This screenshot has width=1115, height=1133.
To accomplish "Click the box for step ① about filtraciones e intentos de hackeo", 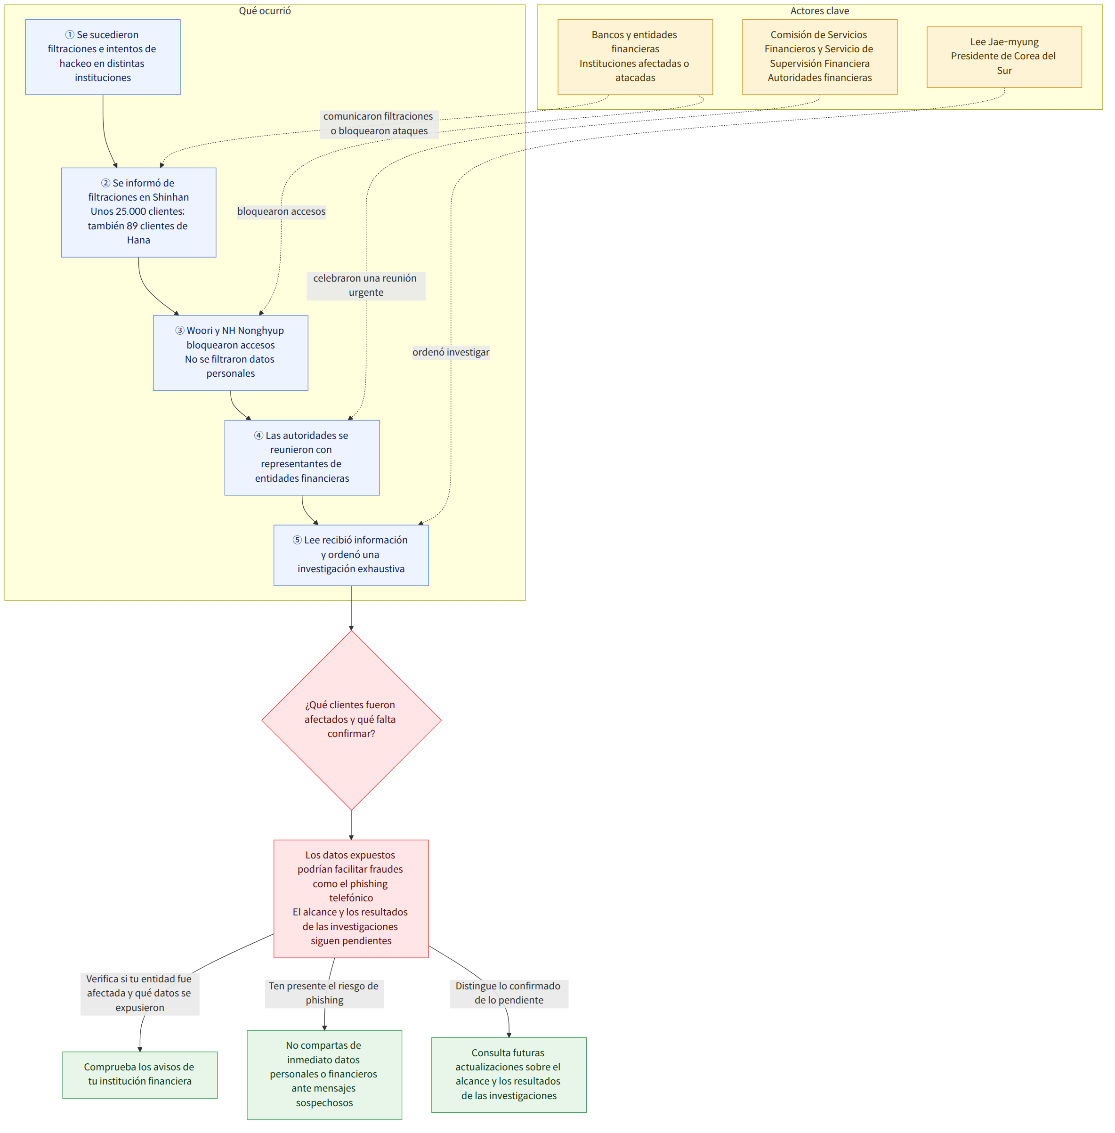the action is point(103,57).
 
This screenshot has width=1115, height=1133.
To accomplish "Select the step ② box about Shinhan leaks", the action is point(138,212).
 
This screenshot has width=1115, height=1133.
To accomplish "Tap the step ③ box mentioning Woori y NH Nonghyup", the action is point(230,353).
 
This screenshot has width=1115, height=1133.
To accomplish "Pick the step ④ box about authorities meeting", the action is point(302,457).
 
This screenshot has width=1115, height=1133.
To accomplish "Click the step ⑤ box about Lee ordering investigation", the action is point(351,555).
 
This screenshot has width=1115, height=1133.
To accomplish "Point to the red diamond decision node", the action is point(351,720).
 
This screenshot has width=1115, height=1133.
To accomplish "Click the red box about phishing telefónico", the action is point(351,898).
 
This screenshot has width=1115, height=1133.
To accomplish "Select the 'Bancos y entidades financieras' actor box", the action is point(635,57).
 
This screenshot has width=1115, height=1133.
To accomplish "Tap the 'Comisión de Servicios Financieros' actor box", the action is point(819,57).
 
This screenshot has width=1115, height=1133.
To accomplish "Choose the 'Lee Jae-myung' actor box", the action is point(1004,57).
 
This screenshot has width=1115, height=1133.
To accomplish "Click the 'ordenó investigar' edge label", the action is point(451,352).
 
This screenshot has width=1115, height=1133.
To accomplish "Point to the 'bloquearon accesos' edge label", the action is point(281,211).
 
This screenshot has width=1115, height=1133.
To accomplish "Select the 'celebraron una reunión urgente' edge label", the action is point(366,285).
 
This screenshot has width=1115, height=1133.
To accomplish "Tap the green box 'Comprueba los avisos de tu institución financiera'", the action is point(140,1075).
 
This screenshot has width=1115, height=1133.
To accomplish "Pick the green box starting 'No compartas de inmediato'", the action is point(324,1075).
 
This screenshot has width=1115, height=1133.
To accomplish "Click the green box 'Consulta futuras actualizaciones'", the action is point(509,1075).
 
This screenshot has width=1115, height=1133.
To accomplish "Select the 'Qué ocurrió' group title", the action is point(265,10).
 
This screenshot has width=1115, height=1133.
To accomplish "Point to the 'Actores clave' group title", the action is point(819,10).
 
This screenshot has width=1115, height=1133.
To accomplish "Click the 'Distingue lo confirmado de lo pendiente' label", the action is point(509,993).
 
